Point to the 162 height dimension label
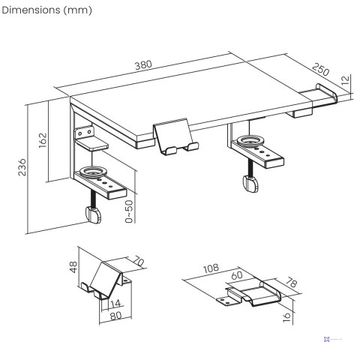tap(43, 140)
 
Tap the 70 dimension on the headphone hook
tap(139, 263)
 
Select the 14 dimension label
tap(113, 303)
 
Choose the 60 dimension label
tap(238, 275)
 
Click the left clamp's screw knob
tap(94, 215)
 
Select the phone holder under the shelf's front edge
tap(176, 139)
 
